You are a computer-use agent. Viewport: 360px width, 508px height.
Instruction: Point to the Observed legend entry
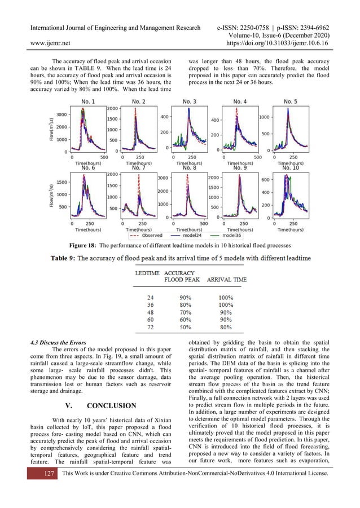[149, 235]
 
